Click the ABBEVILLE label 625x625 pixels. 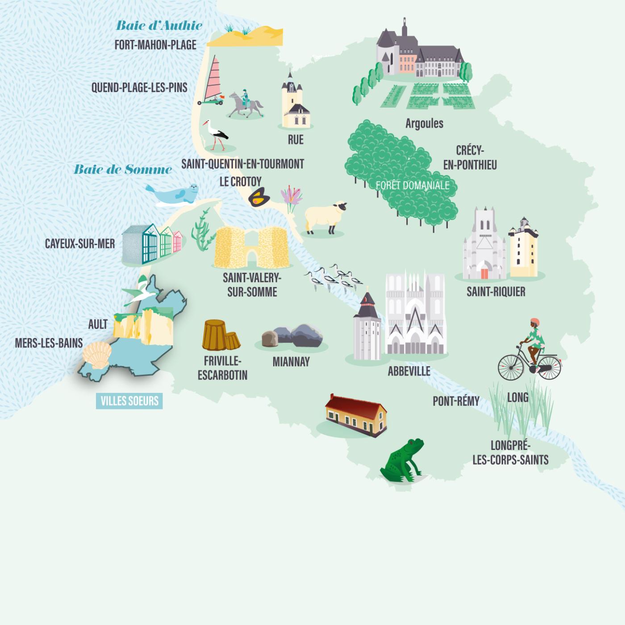[x=409, y=371]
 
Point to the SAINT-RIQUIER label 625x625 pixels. [x=496, y=292]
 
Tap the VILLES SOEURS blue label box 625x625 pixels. [x=129, y=401]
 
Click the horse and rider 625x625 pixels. [x=245, y=104]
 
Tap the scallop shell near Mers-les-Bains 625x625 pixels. [x=98, y=354]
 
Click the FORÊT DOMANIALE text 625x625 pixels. [x=412, y=185]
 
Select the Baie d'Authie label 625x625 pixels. [x=159, y=25]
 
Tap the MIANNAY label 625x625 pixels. [x=291, y=362]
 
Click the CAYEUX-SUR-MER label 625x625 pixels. [x=80, y=244]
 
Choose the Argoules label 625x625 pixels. [x=424, y=123]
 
